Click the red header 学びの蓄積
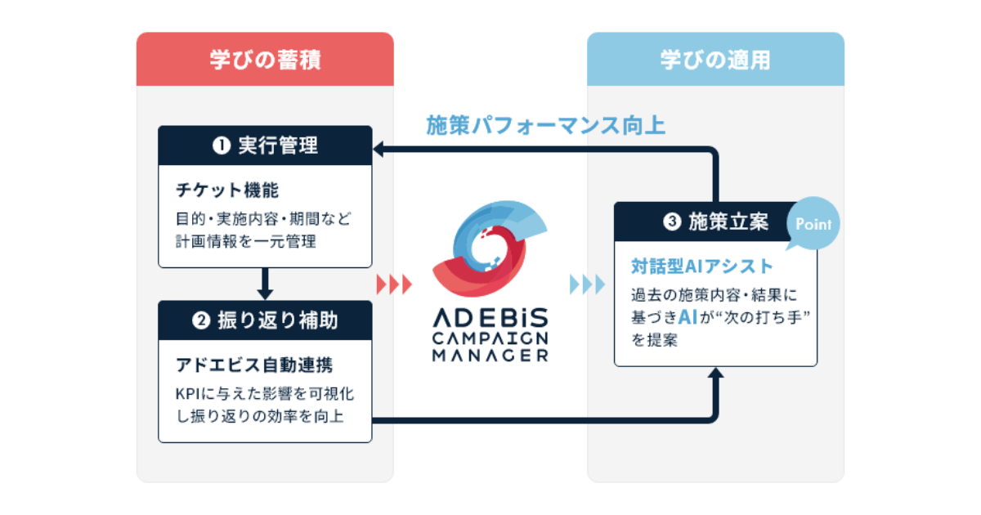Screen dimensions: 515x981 point(264,60)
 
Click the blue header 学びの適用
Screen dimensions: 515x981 point(715,60)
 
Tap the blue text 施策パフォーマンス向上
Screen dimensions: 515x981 point(545,125)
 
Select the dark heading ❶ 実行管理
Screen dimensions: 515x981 point(265,146)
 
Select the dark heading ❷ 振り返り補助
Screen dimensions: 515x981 point(265,320)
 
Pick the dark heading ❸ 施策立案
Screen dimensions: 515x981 point(705,222)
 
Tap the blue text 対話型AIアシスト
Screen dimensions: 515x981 point(701,266)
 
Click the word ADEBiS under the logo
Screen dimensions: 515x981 point(490,317)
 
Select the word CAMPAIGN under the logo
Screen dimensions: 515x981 point(490,338)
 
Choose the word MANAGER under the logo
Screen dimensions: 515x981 point(490,356)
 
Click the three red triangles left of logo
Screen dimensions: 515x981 point(394,284)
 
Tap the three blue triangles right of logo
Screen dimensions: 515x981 point(587,284)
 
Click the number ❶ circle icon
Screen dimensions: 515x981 point(220,146)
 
